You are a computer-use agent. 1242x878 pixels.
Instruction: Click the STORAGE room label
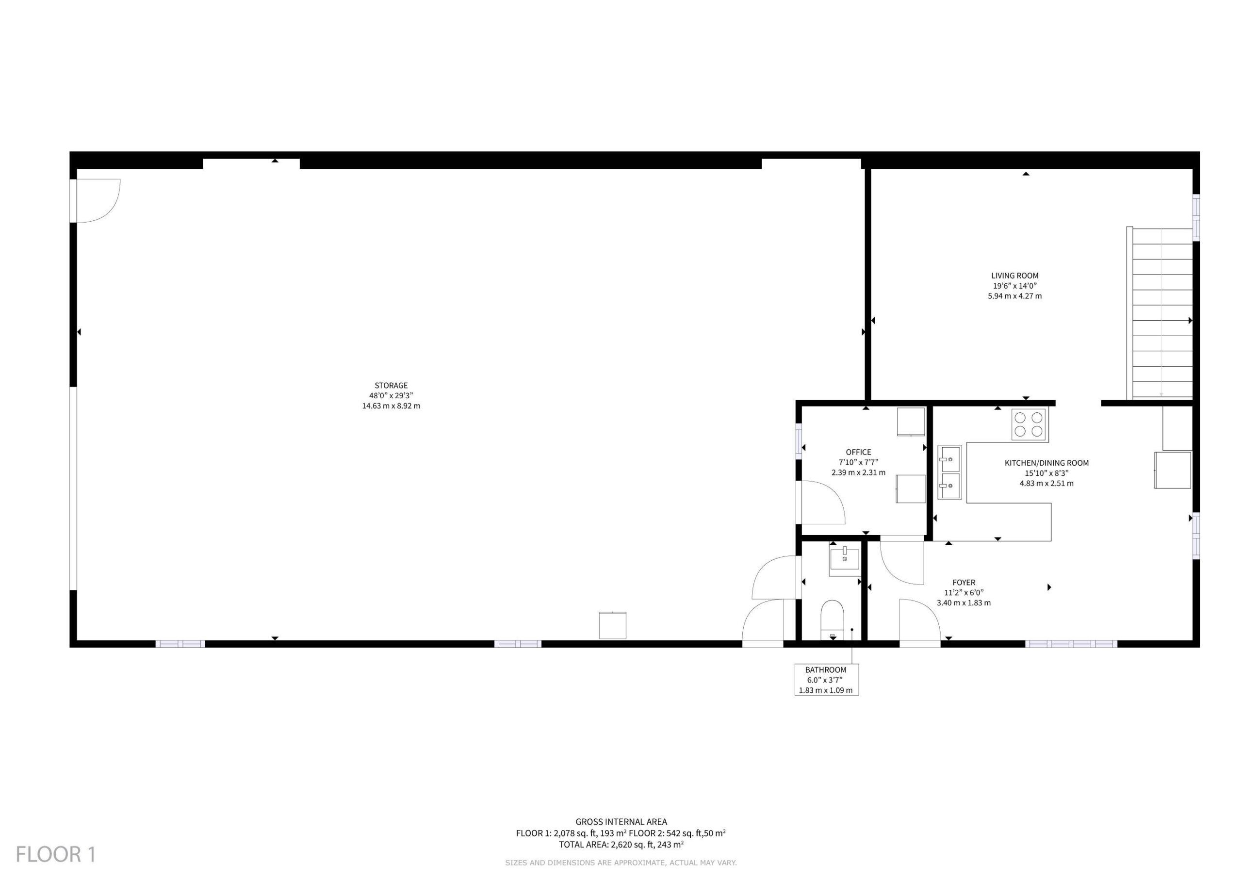[x=391, y=386]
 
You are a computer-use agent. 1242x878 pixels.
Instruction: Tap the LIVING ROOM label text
[x=1015, y=276]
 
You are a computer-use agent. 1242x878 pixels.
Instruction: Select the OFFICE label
[x=858, y=452]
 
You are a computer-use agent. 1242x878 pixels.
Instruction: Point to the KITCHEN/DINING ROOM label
[x=1046, y=463]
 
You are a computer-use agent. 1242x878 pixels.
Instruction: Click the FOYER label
[x=964, y=583]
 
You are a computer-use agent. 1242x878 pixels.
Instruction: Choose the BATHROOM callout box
[x=826, y=680]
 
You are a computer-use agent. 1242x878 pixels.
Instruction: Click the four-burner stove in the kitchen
[x=1030, y=424]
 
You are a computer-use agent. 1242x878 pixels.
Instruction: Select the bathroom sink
[x=844, y=562]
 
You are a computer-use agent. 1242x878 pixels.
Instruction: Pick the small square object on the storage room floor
[x=612, y=625]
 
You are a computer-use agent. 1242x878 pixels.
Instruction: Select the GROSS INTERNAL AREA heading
[x=621, y=822]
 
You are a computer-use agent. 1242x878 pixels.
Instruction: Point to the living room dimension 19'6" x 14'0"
[x=1015, y=286]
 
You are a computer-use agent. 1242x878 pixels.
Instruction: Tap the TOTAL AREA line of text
[x=621, y=845]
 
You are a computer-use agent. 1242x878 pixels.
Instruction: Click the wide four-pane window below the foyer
[x=1071, y=644]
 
